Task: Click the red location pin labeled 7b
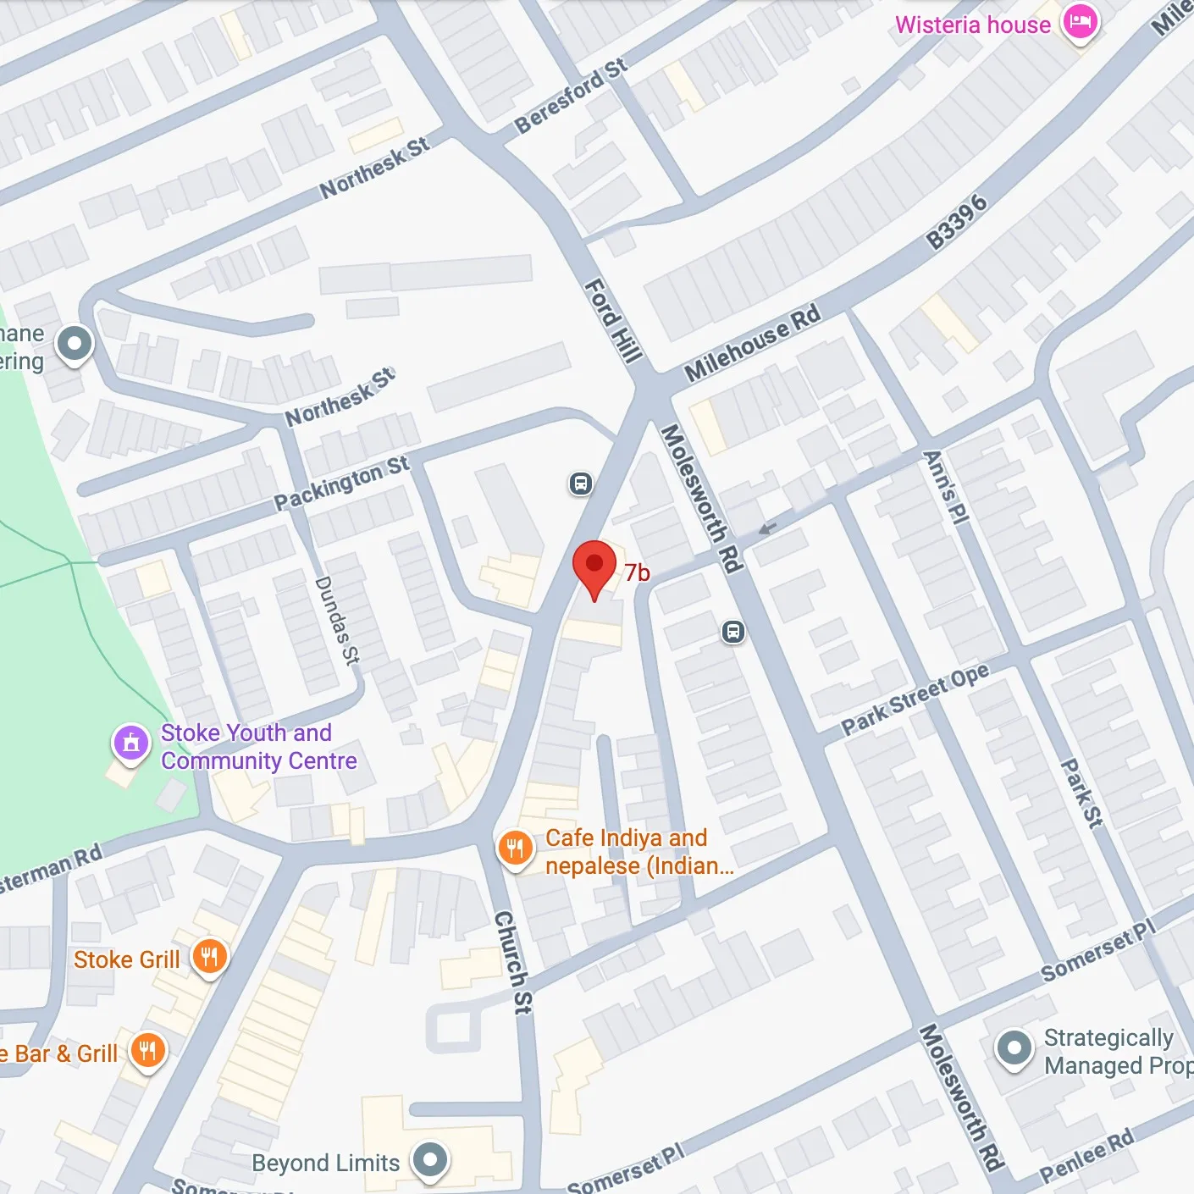click(x=594, y=566)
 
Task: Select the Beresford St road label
click(x=571, y=97)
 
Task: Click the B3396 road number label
click(x=957, y=222)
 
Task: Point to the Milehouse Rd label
click(x=752, y=342)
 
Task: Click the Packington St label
click(x=341, y=484)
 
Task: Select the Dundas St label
click(x=337, y=620)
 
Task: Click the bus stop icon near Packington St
click(x=580, y=484)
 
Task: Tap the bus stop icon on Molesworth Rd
click(x=733, y=632)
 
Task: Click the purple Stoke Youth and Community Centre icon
click(x=130, y=743)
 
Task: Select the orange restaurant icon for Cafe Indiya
click(x=515, y=848)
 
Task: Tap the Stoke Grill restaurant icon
click(x=209, y=957)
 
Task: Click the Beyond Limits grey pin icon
click(x=429, y=1158)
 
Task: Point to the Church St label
click(x=513, y=962)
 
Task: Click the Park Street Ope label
click(x=915, y=699)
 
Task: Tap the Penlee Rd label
click(x=1086, y=1156)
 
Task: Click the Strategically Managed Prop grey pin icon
click(x=1014, y=1048)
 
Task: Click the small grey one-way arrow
click(x=767, y=529)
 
